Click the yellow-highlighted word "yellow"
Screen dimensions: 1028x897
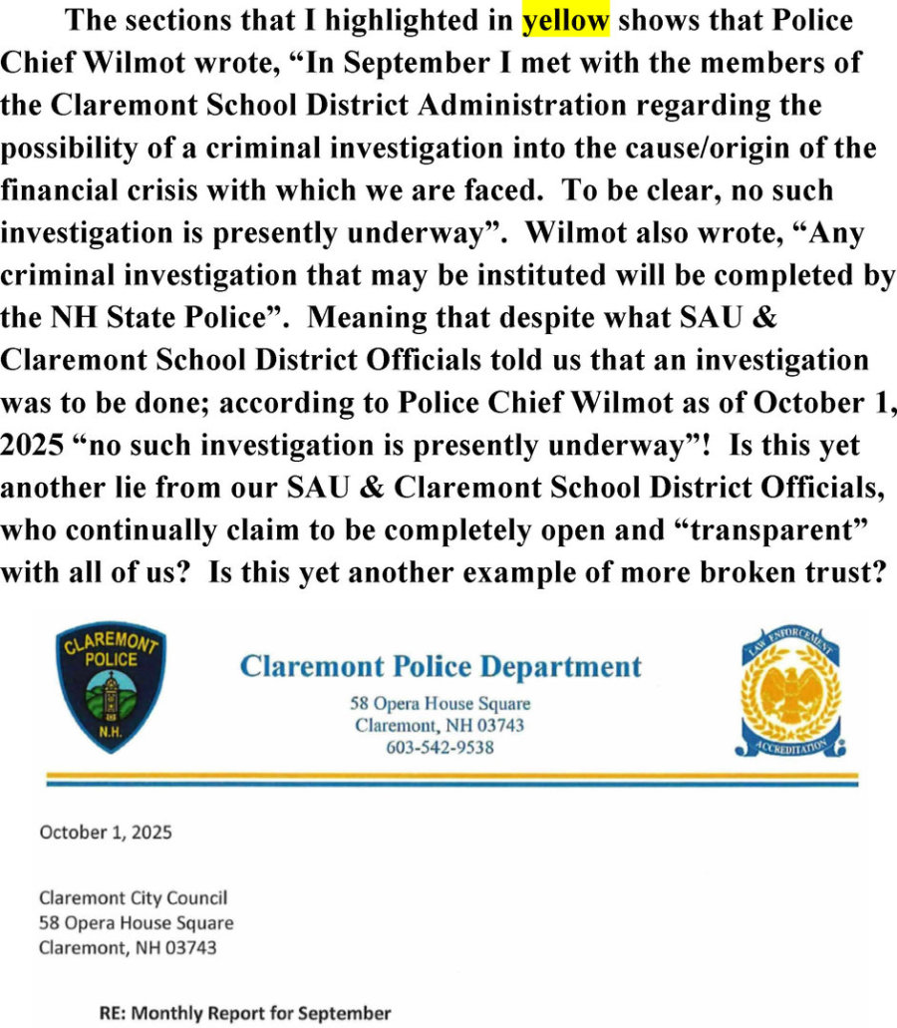pyautogui.click(x=565, y=21)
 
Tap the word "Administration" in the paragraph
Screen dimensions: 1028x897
pyautogui.click(x=527, y=106)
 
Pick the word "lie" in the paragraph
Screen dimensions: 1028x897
pyautogui.click(x=150, y=488)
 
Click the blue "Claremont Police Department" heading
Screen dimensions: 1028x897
pyautogui.click(x=441, y=666)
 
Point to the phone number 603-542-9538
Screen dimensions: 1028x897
pyautogui.click(x=440, y=747)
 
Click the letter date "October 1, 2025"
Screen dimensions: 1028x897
pyautogui.click(x=105, y=832)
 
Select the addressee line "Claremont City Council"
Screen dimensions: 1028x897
pyautogui.click(x=133, y=898)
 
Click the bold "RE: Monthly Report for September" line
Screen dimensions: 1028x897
pyautogui.click(x=245, y=1013)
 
